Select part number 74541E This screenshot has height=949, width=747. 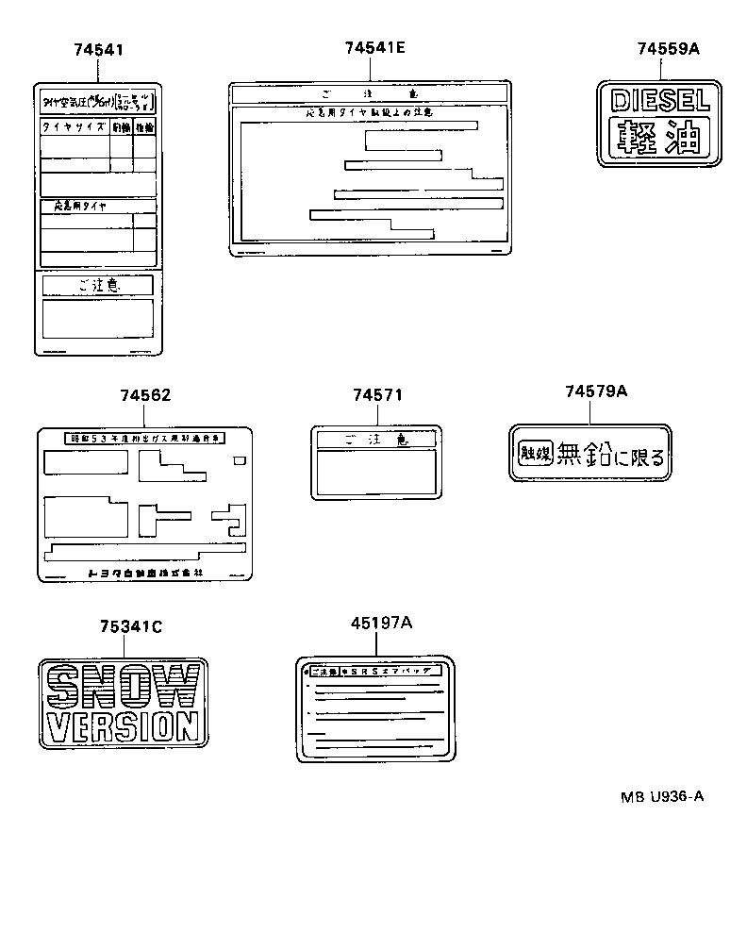coord(374,47)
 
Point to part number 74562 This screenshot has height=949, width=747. coord(145,395)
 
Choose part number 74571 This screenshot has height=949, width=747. coord(377,395)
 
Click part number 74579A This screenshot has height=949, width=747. coord(596,391)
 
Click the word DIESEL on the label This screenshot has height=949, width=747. coord(660,100)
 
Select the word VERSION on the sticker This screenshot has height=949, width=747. coord(124,726)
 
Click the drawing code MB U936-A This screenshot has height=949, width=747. coord(661,795)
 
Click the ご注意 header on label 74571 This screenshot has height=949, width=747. coord(376,440)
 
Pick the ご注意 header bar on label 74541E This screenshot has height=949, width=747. coord(370,94)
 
